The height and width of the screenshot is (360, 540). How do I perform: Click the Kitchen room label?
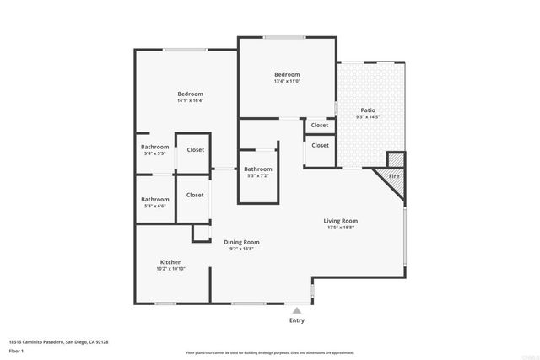pyautogui.click(x=170, y=262)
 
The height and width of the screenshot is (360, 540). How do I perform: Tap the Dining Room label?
pyautogui.click(x=241, y=242)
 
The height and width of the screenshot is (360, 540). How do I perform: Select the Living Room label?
pyautogui.click(x=341, y=221)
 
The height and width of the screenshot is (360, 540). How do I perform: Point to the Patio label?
pyautogui.click(x=369, y=110)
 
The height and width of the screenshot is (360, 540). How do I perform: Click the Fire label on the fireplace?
pyautogui.click(x=393, y=176)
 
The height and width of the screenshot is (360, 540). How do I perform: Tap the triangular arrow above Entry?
pyautogui.click(x=296, y=310)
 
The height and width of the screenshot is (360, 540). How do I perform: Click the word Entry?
pyautogui.click(x=297, y=320)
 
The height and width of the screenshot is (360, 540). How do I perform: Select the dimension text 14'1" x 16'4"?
pyautogui.click(x=190, y=100)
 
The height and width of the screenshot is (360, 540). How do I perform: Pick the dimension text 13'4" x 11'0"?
pyautogui.click(x=288, y=81)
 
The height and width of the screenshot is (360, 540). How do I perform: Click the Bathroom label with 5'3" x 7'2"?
pyautogui.click(x=258, y=169)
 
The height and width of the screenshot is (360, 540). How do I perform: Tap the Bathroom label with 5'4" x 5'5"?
pyautogui.click(x=155, y=148)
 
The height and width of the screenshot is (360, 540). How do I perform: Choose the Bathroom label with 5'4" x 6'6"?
pyautogui.click(x=155, y=199)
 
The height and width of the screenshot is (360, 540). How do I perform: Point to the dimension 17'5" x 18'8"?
pyautogui.click(x=341, y=228)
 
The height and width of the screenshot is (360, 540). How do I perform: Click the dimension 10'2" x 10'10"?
pyautogui.click(x=170, y=269)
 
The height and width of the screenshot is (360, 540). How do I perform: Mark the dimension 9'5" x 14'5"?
pyautogui.click(x=369, y=117)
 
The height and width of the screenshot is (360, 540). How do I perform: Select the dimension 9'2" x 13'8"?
pyautogui.click(x=241, y=249)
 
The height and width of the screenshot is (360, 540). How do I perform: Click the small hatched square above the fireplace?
pyautogui.click(x=396, y=159)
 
